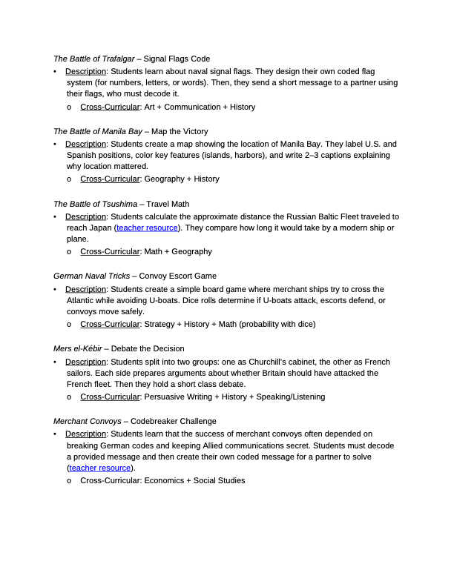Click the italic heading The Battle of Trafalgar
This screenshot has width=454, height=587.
(x=94, y=59)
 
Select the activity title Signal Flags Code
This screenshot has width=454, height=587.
(x=177, y=59)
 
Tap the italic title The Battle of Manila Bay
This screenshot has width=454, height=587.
(x=98, y=131)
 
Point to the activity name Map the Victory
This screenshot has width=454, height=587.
(x=180, y=131)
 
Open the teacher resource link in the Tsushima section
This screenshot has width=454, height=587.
(x=147, y=228)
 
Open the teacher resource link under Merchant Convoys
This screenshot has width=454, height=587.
(x=100, y=468)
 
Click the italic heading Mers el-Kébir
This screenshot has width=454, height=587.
(x=77, y=348)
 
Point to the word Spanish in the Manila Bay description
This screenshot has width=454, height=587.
(x=82, y=155)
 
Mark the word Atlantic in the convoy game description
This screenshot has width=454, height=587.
(x=81, y=300)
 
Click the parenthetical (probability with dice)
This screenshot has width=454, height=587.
(x=279, y=324)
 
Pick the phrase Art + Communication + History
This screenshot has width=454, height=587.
(x=200, y=107)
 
